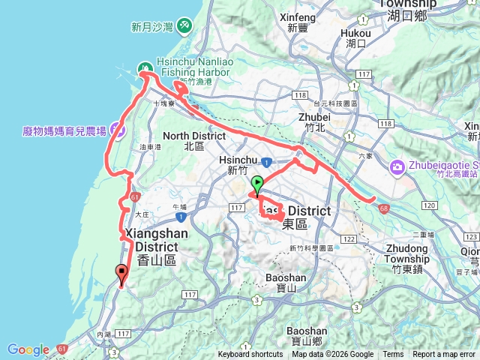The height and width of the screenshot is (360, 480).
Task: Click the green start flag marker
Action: pyautogui.click(x=257, y=183)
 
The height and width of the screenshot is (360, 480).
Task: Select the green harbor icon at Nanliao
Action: pyautogui.click(x=142, y=70)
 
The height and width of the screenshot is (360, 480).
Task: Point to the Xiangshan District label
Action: pyautogui.click(x=157, y=240)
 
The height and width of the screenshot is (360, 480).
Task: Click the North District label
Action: pyautogui.click(x=193, y=141)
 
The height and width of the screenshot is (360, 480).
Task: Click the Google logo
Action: pyautogui.click(x=28, y=349)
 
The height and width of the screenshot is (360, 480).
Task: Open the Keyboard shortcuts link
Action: pyautogui.click(x=251, y=355)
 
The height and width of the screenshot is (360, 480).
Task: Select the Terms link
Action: pyautogui.click(x=393, y=355)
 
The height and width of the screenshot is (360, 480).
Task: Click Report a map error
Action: pyautogui.click(x=444, y=355)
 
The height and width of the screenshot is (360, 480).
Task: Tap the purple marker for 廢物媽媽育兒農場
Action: pyautogui.click(x=118, y=129)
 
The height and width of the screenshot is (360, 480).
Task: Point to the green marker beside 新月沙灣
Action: pyautogui.click(x=184, y=27)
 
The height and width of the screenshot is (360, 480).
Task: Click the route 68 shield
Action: pyautogui.click(x=384, y=208)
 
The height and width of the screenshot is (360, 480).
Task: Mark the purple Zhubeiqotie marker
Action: pyautogui.click(x=397, y=166)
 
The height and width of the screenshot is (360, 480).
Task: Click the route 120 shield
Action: pyautogui.click(x=430, y=205)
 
